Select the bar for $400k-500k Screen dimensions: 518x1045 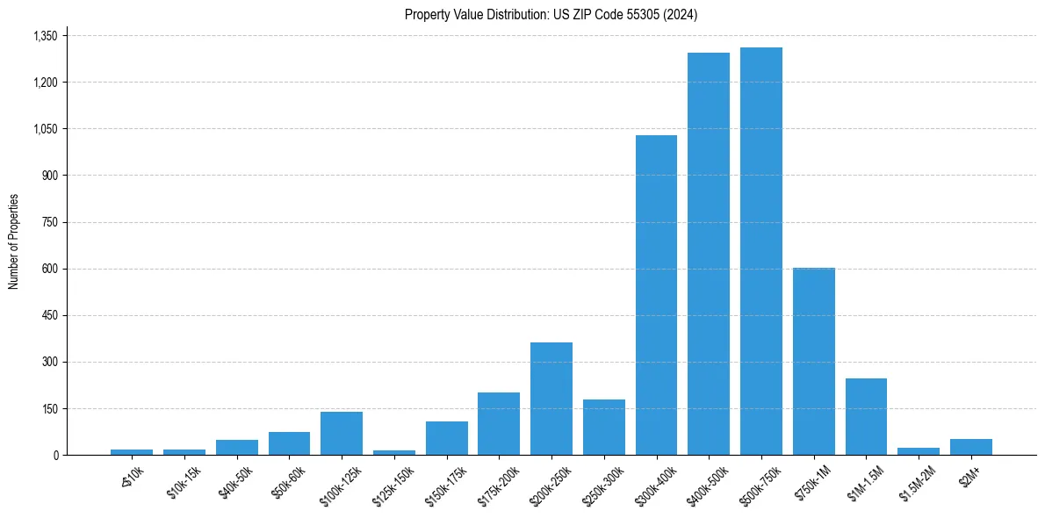pyautogui.click(x=709, y=254)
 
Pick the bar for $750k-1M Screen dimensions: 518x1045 pyautogui.click(x=813, y=361)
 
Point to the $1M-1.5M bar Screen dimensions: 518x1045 pyautogui.click(x=866, y=416)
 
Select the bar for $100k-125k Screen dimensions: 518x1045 pyautogui.click(x=342, y=433)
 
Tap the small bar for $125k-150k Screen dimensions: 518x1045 pyautogui.click(x=394, y=452)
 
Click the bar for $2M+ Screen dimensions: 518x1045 pyautogui.click(x=970, y=447)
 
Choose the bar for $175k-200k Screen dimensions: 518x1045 pyautogui.click(x=499, y=423)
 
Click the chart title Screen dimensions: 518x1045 pyautogui.click(x=551, y=15)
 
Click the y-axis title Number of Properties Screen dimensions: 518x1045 pyautogui.click(x=14, y=241)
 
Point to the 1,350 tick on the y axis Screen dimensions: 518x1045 pyautogui.click(x=45, y=36)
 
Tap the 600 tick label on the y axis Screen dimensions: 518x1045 pyautogui.click(x=49, y=269)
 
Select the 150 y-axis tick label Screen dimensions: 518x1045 pyautogui.click(x=49, y=408)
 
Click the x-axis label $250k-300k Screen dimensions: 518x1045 pyautogui.click(x=603, y=481)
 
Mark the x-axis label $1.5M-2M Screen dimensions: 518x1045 pyautogui.click(x=918, y=481)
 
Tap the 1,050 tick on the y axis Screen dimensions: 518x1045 pyautogui.click(x=45, y=129)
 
